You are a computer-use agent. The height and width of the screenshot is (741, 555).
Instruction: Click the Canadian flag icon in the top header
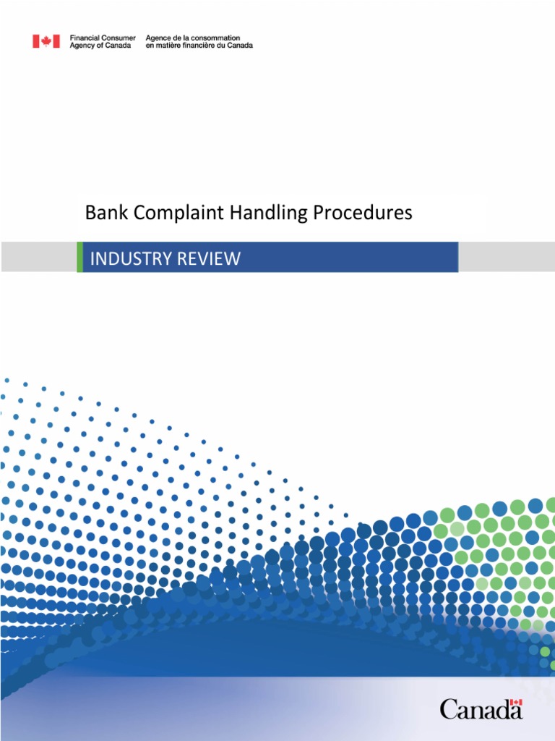(x=46, y=41)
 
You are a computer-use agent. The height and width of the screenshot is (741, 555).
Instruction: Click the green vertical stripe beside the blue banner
(x=79, y=258)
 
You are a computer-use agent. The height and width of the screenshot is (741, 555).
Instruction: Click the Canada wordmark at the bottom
(x=481, y=708)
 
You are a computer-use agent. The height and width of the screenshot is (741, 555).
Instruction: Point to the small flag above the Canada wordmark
(x=515, y=703)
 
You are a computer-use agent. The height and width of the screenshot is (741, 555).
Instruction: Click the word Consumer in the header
(x=118, y=38)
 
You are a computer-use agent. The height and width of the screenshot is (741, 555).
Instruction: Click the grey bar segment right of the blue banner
(x=507, y=258)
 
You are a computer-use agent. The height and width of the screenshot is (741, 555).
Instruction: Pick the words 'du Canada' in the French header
(x=238, y=46)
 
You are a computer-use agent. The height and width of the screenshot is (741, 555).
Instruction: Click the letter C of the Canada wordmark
(x=449, y=709)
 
